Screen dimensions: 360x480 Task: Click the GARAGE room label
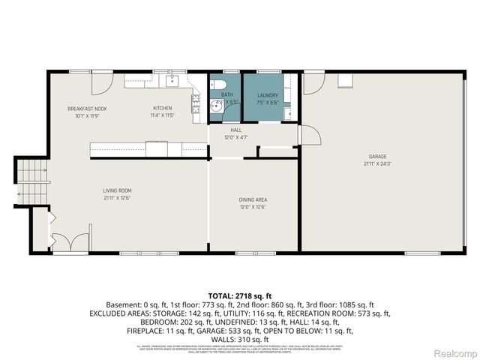[376, 156]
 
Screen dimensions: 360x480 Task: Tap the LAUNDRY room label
[267, 95]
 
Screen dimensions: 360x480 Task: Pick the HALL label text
[235, 130]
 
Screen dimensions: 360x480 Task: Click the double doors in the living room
[67, 241]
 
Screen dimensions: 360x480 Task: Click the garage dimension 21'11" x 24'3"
[376, 163]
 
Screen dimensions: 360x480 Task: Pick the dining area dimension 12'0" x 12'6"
[253, 207]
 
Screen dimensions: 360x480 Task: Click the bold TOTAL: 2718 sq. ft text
[238, 295]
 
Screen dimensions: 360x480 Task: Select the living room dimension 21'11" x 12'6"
[118, 199]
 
